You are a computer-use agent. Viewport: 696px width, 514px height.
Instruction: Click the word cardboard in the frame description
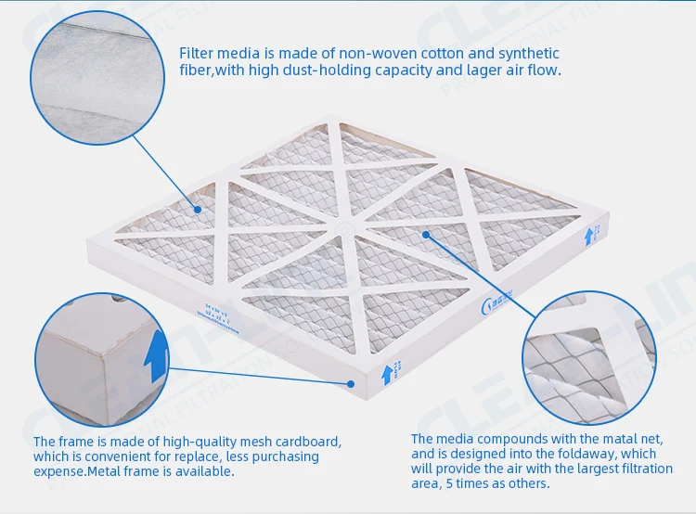[312, 441]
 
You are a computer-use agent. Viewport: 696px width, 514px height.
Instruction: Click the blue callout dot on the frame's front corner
[351, 382]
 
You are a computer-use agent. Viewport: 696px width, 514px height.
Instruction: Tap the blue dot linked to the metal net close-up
[426, 234]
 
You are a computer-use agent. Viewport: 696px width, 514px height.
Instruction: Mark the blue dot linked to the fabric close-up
[198, 210]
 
